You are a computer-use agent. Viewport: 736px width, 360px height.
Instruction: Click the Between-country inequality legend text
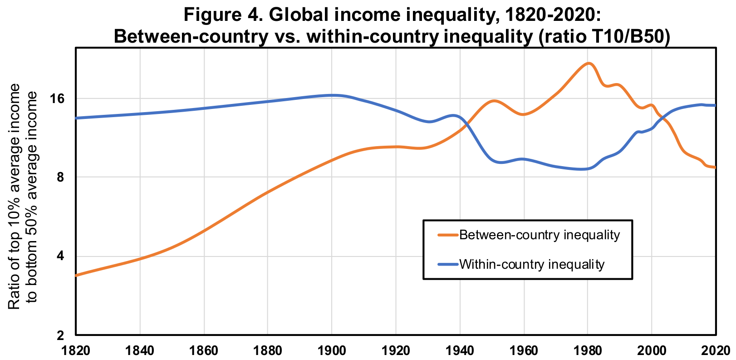[x=539, y=235]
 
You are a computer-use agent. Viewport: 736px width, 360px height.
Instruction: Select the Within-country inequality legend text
[x=532, y=264]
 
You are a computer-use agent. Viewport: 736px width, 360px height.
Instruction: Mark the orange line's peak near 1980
[x=589, y=63]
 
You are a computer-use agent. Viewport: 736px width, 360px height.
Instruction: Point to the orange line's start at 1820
[x=76, y=275]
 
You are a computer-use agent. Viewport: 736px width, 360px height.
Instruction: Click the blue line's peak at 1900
[x=332, y=95]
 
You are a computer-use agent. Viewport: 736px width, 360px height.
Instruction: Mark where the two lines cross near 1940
[x=465, y=126]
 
